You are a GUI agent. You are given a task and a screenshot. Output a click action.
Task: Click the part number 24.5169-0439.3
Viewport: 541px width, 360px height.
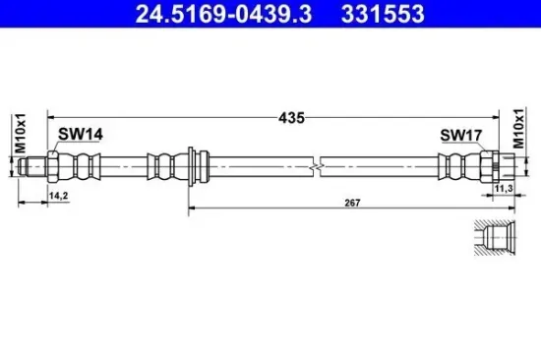tap(223, 14)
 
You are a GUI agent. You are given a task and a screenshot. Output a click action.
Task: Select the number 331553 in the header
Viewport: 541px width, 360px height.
tap(383, 14)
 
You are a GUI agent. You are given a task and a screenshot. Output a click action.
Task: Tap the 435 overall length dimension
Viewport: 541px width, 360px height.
tap(291, 118)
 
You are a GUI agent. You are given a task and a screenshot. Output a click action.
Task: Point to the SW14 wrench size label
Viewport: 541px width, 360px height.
tap(81, 134)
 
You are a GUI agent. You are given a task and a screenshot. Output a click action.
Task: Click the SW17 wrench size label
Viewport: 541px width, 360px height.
tap(461, 136)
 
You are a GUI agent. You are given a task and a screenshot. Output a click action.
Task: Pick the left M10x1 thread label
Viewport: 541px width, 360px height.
tap(21, 133)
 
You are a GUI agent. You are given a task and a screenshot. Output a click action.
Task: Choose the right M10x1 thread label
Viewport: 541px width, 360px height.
tap(518, 128)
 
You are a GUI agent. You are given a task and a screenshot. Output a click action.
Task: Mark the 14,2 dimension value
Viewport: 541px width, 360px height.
tap(59, 196)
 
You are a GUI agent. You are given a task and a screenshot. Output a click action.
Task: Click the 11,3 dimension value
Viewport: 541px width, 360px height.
tap(504, 189)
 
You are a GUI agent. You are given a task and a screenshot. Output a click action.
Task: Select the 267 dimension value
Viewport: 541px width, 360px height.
tap(352, 203)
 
